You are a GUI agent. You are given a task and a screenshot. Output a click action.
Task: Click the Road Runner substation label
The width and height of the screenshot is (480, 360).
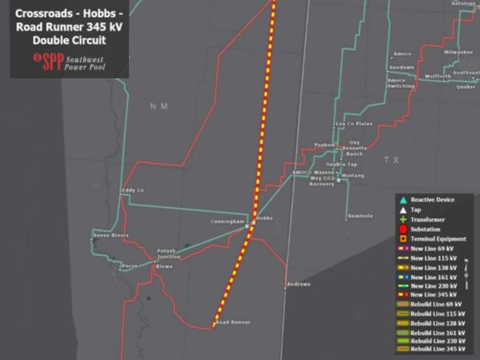coord(233,322)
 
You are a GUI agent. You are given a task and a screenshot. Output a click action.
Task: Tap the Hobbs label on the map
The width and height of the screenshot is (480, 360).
coord(264,218)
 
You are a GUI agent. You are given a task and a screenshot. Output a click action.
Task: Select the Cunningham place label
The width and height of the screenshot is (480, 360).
coord(228,222)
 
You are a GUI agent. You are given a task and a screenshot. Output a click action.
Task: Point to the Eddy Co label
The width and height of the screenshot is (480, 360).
coord(132,190)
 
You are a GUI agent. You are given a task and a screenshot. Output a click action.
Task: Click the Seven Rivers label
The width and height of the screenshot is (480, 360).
coord(111,235)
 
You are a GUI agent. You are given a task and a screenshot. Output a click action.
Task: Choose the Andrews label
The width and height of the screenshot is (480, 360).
coord(299,284)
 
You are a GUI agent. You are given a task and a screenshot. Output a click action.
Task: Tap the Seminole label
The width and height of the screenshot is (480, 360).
coord(360,216)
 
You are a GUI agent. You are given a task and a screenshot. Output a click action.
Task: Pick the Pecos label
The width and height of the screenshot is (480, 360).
coord(129,267)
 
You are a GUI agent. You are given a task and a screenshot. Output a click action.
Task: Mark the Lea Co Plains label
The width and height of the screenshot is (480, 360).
coord(354,124)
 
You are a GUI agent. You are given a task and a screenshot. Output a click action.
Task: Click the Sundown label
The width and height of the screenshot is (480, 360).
coord(402,67)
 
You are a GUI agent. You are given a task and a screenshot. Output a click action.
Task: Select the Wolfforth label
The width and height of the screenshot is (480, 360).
coord(438,76)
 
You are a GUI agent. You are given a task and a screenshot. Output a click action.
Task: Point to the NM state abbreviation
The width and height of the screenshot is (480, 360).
coord(159,106)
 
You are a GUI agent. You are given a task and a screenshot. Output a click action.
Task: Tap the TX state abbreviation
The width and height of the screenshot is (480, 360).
coord(391,160)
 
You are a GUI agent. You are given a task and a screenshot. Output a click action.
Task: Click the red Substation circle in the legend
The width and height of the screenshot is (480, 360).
coord(403,229)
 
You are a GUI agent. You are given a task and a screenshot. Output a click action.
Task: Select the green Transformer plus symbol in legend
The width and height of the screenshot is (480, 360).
coord(403,219)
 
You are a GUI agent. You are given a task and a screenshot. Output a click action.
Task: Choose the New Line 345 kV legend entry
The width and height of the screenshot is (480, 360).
coord(432,295)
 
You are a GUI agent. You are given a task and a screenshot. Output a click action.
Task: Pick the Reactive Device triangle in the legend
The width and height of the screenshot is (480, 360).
coord(403,200)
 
